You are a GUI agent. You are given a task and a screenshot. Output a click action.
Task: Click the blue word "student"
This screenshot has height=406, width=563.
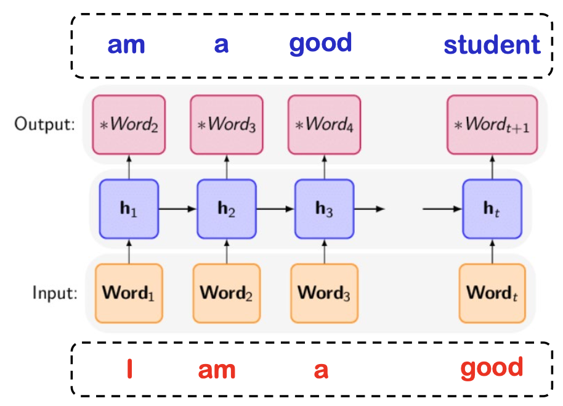[x=492, y=45]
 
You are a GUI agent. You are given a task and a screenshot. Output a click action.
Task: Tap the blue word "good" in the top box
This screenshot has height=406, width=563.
[x=320, y=44]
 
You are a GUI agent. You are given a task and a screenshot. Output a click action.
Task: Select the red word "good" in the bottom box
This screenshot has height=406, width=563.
[x=492, y=368]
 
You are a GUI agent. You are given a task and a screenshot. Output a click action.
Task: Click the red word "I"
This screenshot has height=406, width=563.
[x=129, y=369]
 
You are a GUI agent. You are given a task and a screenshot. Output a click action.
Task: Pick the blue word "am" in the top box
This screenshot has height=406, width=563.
[x=126, y=45]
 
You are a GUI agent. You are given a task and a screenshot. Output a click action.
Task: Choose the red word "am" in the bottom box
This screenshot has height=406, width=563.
[x=217, y=370]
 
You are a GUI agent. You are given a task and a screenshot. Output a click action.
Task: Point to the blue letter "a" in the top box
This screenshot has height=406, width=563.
[x=221, y=45]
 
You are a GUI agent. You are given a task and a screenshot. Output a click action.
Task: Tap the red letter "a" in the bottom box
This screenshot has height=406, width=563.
[x=321, y=370]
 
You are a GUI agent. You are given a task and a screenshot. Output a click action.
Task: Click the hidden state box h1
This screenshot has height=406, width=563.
[x=129, y=209]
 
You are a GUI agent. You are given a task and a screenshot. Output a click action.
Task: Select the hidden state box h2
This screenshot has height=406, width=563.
[x=226, y=209]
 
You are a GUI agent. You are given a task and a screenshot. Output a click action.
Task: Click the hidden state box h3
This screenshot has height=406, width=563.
[x=324, y=209]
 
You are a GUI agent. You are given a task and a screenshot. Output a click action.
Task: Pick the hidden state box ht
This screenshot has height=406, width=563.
[x=492, y=209]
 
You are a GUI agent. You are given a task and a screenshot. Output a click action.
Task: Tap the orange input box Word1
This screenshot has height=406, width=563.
[x=129, y=293]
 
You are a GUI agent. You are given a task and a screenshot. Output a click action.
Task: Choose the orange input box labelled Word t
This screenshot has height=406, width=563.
[x=492, y=293]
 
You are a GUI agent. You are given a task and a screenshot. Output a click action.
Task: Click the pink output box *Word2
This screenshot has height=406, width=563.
[x=129, y=125]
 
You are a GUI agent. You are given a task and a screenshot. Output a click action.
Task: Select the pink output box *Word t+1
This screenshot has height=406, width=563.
[x=492, y=125]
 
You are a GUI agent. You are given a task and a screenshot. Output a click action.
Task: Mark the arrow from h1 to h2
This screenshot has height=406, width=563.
[x=177, y=209]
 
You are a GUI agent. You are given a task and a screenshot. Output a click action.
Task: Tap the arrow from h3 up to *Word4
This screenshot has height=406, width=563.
[x=324, y=167]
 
